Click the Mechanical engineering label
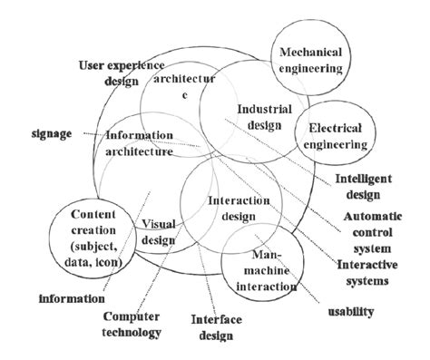pyautogui.click(x=311, y=60)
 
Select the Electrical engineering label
pyautogui.click(x=337, y=136)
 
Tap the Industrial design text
pyautogui.click(x=264, y=117)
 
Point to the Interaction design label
pyautogui.click(x=233, y=208)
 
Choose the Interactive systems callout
pyautogui.click(x=364, y=272)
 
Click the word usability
pyautogui.click(x=348, y=312)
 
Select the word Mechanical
pyautogui.click(x=311, y=52)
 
